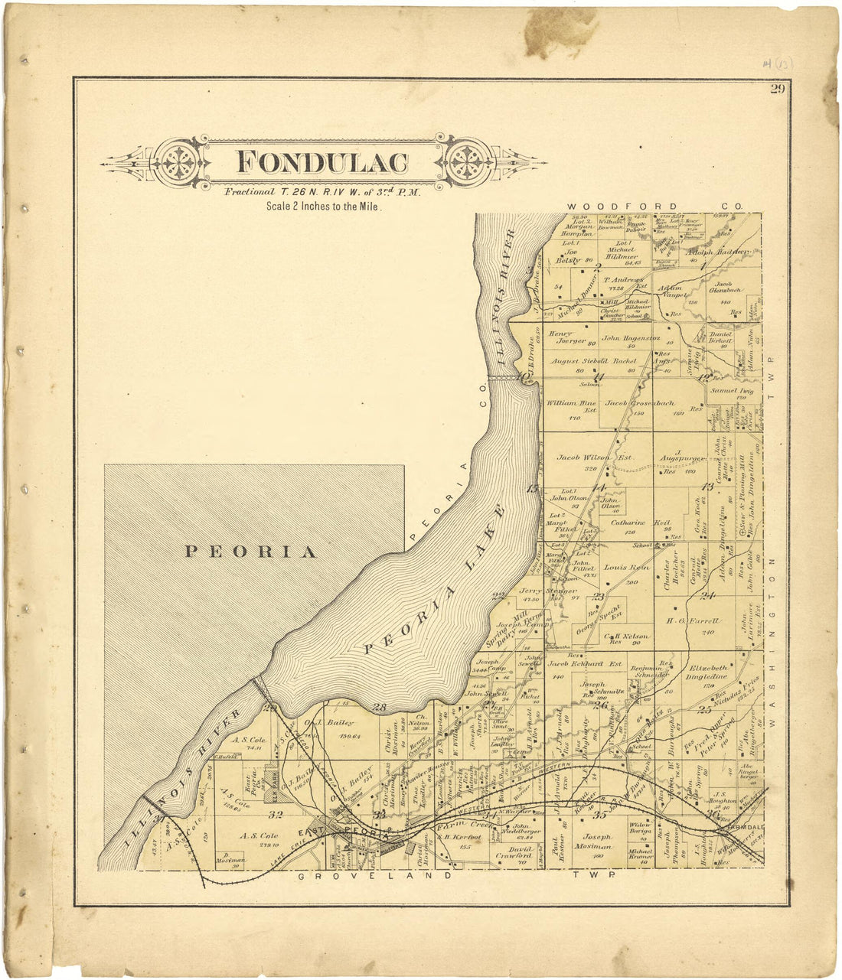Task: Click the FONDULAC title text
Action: tap(321, 162)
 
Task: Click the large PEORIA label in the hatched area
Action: tap(251, 552)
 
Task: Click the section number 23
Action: tap(599, 597)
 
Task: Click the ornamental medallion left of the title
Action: tap(180, 162)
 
